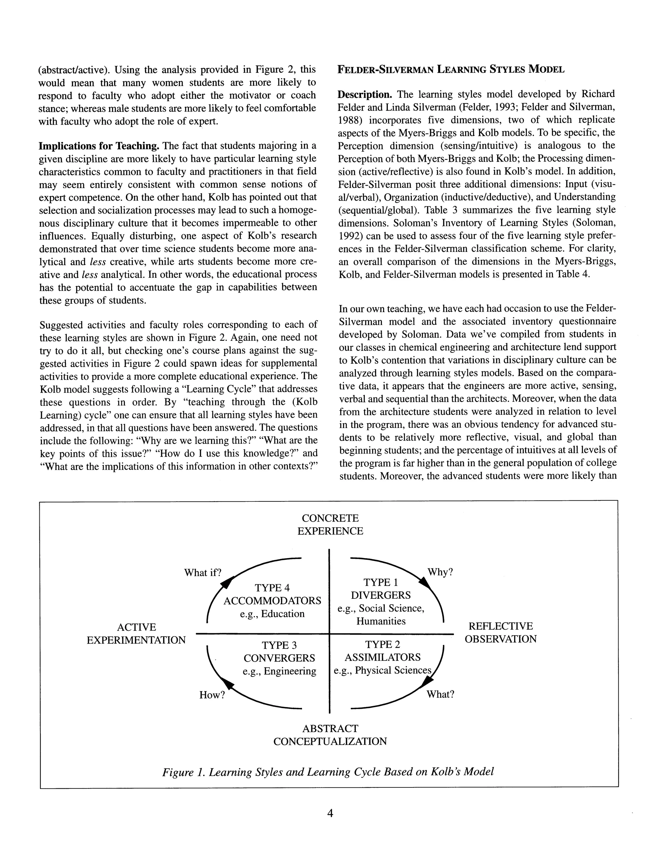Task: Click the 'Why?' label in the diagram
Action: [x=440, y=572]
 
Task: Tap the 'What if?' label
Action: [x=202, y=572]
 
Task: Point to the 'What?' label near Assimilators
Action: [x=440, y=694]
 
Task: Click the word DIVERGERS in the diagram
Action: [x=381, y=595]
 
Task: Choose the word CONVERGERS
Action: [x=279, y=658]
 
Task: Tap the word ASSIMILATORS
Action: [x=382, y=657]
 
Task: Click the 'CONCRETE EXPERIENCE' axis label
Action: [x=330, y=524]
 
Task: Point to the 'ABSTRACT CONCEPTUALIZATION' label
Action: [x=330, y=735]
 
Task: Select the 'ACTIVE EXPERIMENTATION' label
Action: [x=136, y=633]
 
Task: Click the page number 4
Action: [x=330, y=813]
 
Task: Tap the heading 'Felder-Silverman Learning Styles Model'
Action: [x=451, y=70]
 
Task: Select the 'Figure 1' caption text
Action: [x=328, y=772]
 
